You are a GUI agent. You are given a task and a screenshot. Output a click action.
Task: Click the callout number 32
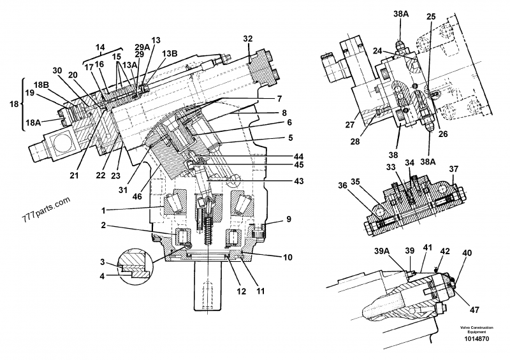pos(247,39)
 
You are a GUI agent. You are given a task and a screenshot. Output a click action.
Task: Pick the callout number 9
pos(289,219)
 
